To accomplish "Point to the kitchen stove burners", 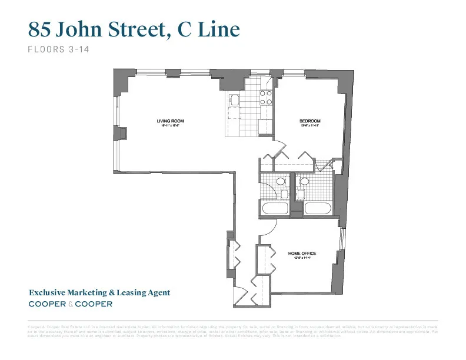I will click(x=266, y=97).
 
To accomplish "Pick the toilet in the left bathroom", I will click(x=281, y=182).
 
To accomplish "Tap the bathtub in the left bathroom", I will click(x=275, y=208).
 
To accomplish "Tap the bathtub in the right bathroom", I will click(x=318, y=208).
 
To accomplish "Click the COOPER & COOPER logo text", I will click(x=70, y=304).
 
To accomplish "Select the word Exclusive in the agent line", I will click(x=50, y=292).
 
